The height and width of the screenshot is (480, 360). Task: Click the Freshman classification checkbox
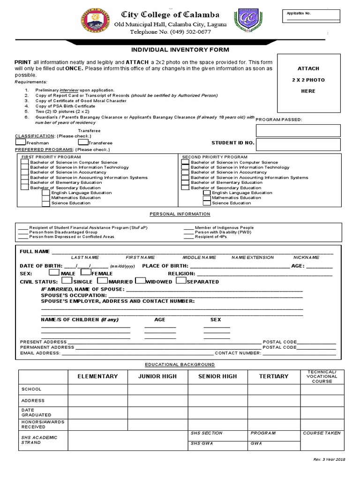21,142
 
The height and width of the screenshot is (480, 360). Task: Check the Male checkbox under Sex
54,272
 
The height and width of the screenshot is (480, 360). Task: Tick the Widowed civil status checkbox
140,281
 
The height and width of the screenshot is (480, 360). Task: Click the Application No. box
313,16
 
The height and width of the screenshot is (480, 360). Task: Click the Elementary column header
97,376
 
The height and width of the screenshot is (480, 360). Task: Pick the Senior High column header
217,376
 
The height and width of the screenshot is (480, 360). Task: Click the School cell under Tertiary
274,389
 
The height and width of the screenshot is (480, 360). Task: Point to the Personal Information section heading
180,214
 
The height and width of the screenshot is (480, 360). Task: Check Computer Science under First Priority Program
25,162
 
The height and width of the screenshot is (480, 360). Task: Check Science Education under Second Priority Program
207,203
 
